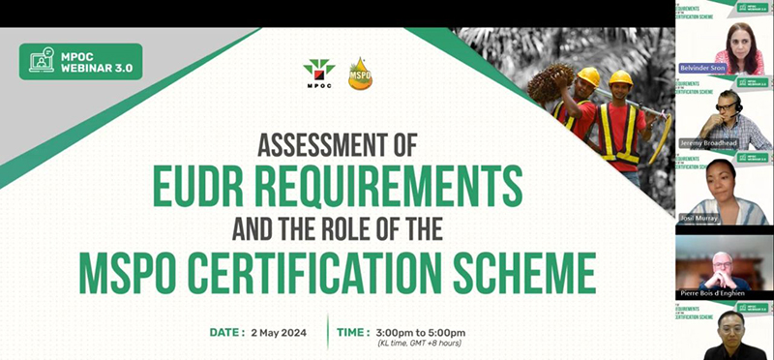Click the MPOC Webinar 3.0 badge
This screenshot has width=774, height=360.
tap(80, 61)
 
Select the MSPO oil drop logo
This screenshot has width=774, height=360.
tap(360, 73)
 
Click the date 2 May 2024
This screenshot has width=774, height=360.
tap(285, 333)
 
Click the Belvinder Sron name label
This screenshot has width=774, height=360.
tap(715, 68)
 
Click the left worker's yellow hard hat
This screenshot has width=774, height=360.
tap(587, 75)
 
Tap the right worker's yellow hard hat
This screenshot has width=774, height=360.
tap(620, 77)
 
